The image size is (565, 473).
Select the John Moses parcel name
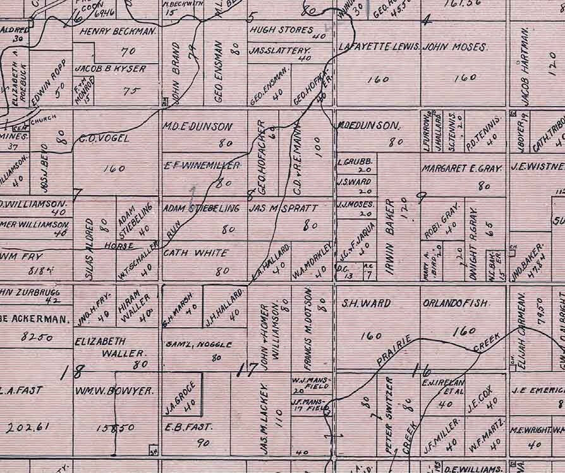455,47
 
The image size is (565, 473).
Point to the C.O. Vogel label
104,138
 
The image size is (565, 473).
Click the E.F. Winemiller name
202,165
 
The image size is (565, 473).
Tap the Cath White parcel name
187,253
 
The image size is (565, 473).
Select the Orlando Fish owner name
456,303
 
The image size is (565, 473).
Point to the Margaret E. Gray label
462,169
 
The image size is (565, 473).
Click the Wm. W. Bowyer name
114,391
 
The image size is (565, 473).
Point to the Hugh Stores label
282,30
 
